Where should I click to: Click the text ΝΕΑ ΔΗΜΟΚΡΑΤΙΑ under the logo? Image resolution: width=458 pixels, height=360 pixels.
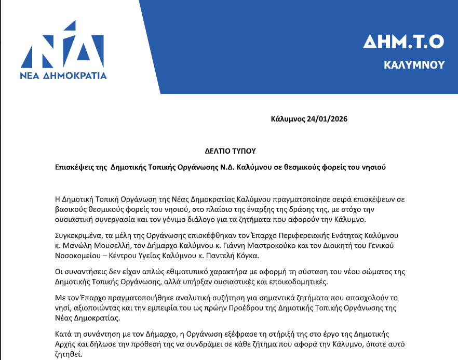(63, 76)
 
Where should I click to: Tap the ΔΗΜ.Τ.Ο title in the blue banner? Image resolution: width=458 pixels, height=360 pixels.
(403, 41)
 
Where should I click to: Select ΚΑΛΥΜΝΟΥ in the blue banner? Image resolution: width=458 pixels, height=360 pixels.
(414, 65)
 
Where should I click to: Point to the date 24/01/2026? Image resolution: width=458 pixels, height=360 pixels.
(327, 119)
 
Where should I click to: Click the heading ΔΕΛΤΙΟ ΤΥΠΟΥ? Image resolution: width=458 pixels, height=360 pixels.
(231, 151)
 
